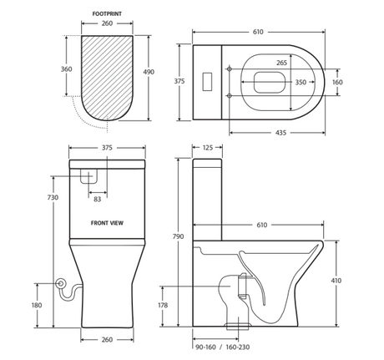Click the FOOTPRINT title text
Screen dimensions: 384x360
pyautogui.click(x=107, y=13)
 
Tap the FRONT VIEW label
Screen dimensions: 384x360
pyautogui.click(x=107, y=223)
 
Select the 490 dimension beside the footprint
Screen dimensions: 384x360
pyautogui.click(x=149, y=72)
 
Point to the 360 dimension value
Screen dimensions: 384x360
pyautogui.click(x=67, y=68)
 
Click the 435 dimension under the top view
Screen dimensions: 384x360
pyautogui.click(x=280, y=133)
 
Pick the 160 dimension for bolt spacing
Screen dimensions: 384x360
pyautogui.click(x=337, y=82)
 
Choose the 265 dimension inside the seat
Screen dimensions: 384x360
pyautogui.click(x=281, y=63)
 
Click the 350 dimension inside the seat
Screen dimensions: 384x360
pyautogui.click(x=301, y=82)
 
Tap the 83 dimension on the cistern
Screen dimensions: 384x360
pyautogui.click(x=98, y=200)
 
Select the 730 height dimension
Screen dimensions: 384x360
pyautogui.click(x=53, y=197)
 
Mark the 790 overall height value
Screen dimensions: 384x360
pyautogui.click(x=178, y=236)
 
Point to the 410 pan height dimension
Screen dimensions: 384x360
pyautogui.click(x=336, y=281)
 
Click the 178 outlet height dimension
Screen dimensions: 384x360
pyautogui.click(x=163, y=305)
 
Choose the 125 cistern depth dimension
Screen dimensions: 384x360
pyautogui.click(x=208, y=148)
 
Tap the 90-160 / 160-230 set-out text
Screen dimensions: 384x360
pyautogui.click(x=223, y=347)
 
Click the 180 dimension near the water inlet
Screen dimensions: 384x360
pyautogui.click(x=37, y=305)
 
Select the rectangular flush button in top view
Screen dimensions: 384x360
pyautogui.click(x=207, y=82)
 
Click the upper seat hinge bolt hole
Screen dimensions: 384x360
pyautogui.click(x=230, y=68)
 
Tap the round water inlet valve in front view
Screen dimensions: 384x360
pyautogui.click(x=60, y=283)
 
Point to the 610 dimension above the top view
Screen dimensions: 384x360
pyautogui.click(x=258, y=32)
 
